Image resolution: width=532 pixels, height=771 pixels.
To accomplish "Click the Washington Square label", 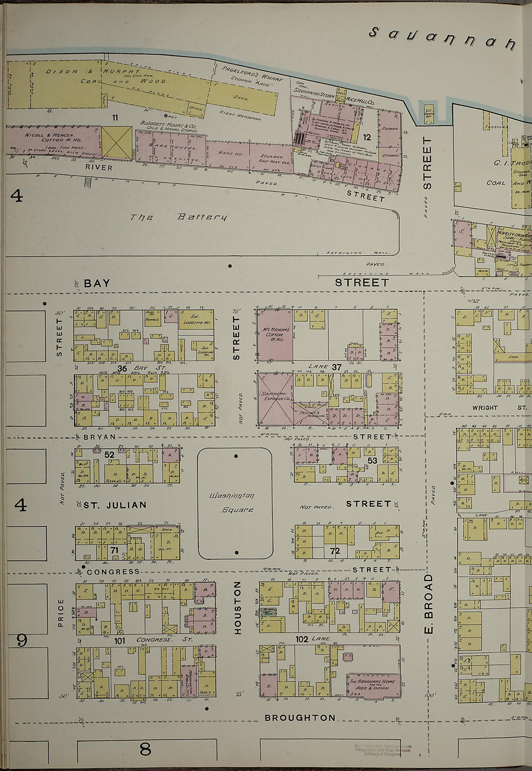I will [x=235, y=503].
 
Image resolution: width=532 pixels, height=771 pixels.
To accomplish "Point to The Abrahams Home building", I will [x=373, y=684].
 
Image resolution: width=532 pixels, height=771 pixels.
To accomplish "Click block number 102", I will [x=302, y=639].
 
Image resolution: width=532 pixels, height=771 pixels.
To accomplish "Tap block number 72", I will [x=335, y=551].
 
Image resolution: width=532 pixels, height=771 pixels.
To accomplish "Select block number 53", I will [x=372, y=460].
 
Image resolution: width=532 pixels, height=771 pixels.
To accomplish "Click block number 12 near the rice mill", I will [x=367, y=137].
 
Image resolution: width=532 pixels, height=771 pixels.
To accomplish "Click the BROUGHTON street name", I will [x=300, y=718].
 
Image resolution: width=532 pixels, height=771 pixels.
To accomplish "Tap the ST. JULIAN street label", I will [x=115, y=505].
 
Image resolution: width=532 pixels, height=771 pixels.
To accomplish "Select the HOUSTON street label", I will [x=237, y=607].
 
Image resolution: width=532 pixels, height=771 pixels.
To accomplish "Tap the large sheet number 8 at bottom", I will [x=145, y=749].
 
